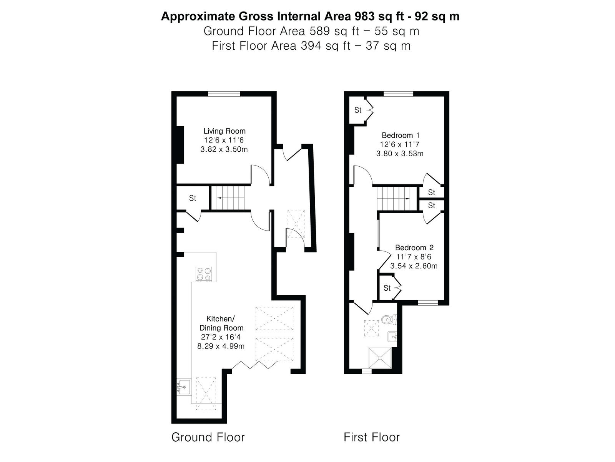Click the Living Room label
click(224, 131)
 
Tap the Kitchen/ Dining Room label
click(221, 323)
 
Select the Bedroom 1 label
click(401, 136)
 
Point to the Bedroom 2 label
click(414, 248)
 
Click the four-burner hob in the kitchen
click(204, 274)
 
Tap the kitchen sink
click(183, 387)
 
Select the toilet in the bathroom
click(389, 319)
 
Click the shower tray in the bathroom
click(380, 358)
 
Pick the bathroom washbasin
click(392, 336)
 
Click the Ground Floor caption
click(208, 437)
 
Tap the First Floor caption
click(372, 437)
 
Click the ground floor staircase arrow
click(227, 198)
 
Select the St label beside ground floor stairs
click(193, 198)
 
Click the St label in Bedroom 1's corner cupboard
click(358, 110)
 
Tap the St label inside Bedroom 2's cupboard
click(387, 288)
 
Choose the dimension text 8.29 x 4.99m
click(221, 346)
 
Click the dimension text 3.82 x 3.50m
click(224, 149)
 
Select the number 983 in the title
click(364, 16)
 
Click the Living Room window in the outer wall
click(224, 94)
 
